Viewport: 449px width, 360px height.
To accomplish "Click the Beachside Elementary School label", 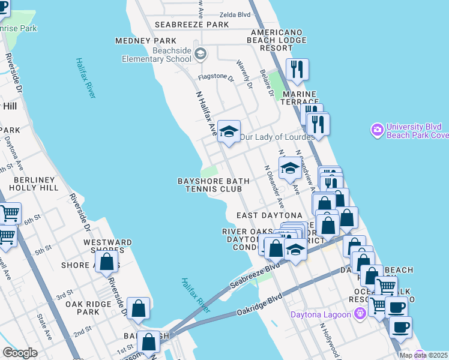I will point(156,55).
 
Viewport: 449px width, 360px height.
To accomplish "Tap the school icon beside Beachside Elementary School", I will point(200,55).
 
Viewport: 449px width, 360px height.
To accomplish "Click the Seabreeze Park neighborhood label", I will point(192,25).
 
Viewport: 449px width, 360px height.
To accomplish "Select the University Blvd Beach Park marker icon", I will point(378,130).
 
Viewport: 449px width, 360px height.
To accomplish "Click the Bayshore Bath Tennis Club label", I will point(210,185).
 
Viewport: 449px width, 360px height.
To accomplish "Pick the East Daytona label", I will point(270,215).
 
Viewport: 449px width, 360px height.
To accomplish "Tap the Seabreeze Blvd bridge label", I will point(256,275).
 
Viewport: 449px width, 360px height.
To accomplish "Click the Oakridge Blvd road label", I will point(259,304).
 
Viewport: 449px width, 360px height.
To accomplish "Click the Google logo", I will point(20,353).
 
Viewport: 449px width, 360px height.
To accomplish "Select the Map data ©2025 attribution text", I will point(423,355).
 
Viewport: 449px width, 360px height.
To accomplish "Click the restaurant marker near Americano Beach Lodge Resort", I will point(297,70).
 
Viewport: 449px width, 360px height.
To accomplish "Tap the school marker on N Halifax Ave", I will point(228,131).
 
